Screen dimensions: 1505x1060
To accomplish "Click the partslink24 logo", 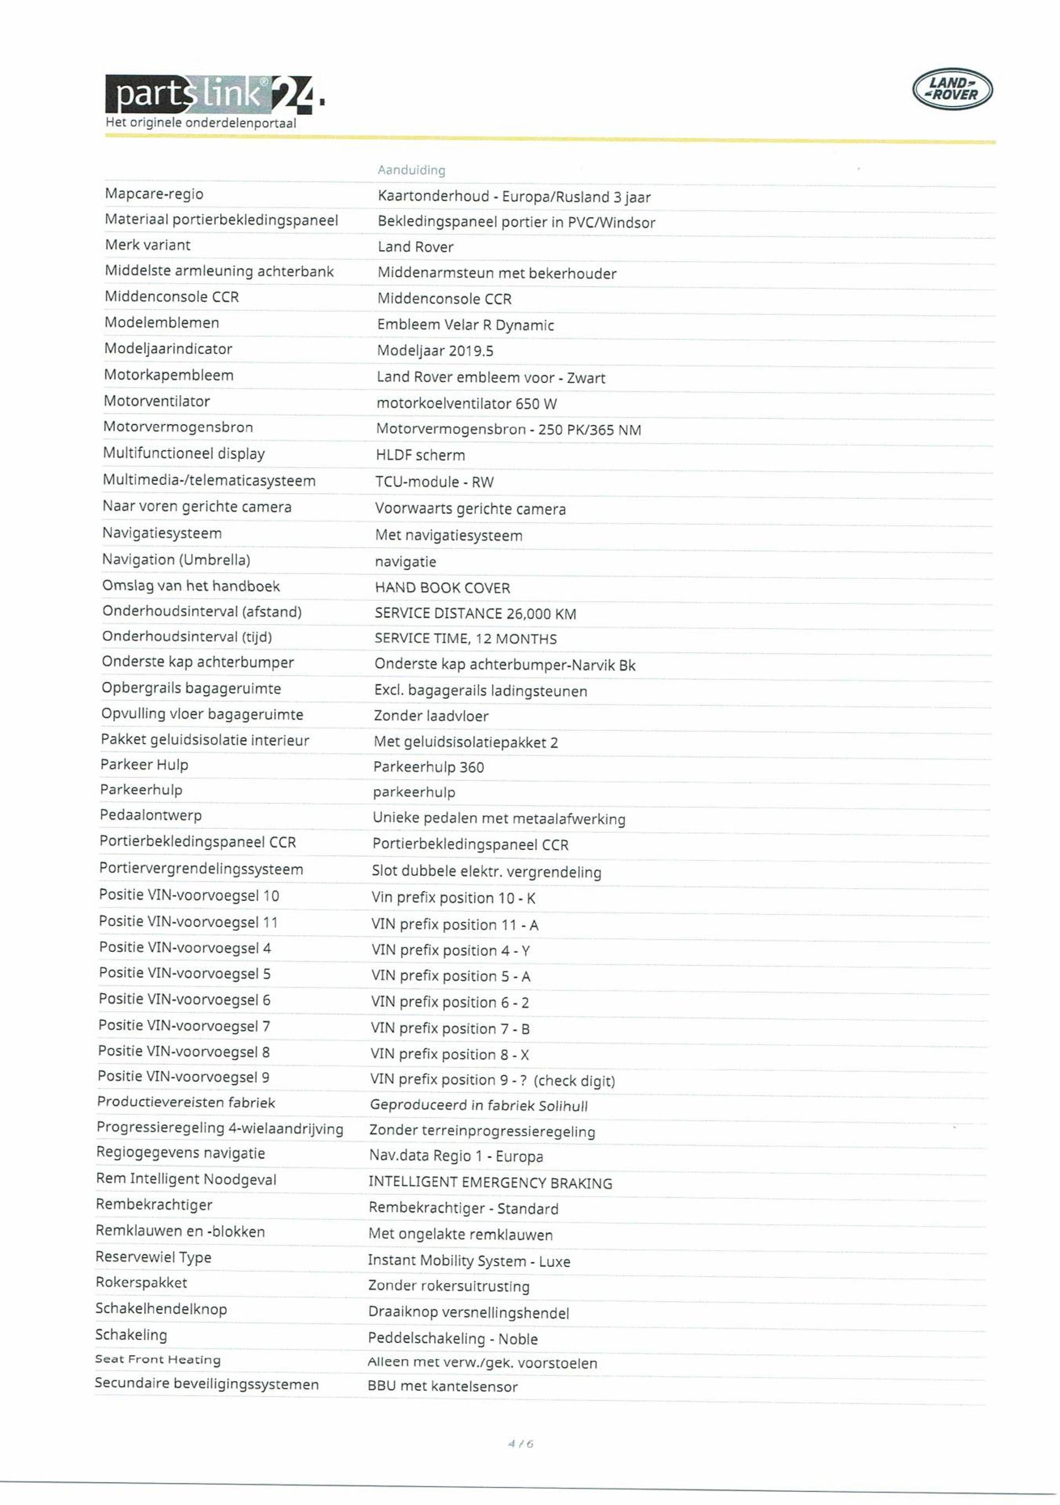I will tap(213, 94).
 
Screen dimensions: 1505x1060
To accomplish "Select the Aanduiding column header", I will tap(411, 170).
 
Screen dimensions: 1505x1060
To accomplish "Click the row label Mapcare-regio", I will tap(154, 194).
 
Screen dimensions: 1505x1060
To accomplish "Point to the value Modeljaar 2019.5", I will tap(434, 351).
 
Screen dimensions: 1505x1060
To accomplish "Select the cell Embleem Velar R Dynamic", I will tap(465, 325).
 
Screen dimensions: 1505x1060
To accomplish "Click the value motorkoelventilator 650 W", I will tap(466, 404).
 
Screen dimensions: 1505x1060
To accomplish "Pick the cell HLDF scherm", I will tap(420, 456).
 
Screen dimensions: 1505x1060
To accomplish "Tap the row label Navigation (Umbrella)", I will tap(176, 560).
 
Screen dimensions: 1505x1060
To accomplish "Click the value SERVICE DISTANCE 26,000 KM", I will tap(475, 614).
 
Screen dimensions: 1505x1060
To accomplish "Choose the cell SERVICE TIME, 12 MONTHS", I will tap(465, 639).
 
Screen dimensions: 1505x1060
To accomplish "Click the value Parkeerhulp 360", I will tap(428, 767).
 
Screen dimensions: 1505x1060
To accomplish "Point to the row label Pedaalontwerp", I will tap(151, 815).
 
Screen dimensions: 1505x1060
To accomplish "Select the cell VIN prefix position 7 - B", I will tap(449, 1028).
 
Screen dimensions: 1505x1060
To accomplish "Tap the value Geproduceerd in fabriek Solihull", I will tap(478, 1106).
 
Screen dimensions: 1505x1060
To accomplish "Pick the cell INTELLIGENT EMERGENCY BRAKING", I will tap(490, 1183).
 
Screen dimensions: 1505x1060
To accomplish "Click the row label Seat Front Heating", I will tap(157, 1360).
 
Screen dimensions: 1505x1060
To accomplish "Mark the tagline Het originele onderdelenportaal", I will tap(200, 123).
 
